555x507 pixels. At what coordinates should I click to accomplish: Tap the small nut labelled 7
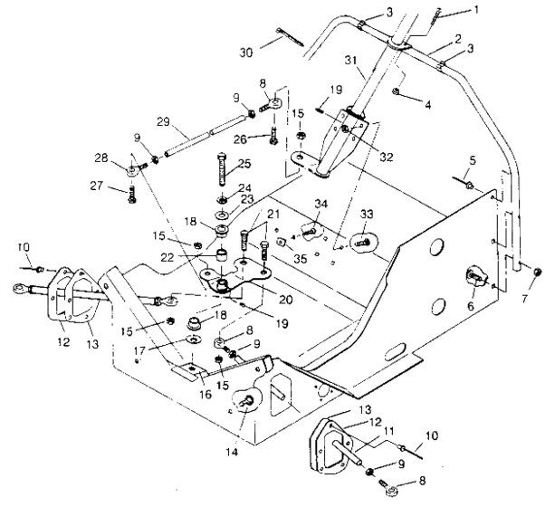pos(536,272)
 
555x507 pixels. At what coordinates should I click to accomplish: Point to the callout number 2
pos(462,41)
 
